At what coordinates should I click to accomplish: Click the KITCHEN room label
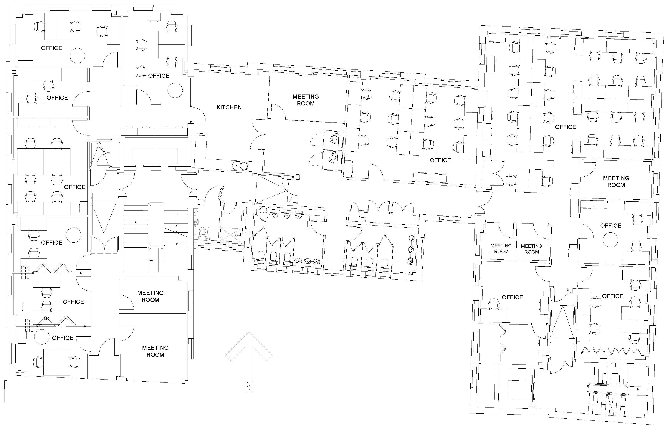click(229, 107)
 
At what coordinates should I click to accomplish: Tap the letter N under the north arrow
click(249, 387)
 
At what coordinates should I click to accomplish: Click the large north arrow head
click(249, 345)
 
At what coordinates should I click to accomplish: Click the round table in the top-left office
click(77, 56)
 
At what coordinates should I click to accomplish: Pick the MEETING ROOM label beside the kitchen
click(306, 100)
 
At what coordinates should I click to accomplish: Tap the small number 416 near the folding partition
click(46, 318)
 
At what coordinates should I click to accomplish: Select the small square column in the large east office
click(550, 163)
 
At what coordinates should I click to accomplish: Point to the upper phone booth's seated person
click(333, 138)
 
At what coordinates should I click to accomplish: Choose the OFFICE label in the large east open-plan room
click(565, 127)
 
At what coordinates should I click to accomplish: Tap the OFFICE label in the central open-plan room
click(440, 160)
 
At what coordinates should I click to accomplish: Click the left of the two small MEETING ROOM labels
click(501, 249)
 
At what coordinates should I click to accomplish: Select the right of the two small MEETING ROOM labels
click(532, 249)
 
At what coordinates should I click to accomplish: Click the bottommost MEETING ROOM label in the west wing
click(155, 351)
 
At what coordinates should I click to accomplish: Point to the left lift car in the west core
click(143, 157)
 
